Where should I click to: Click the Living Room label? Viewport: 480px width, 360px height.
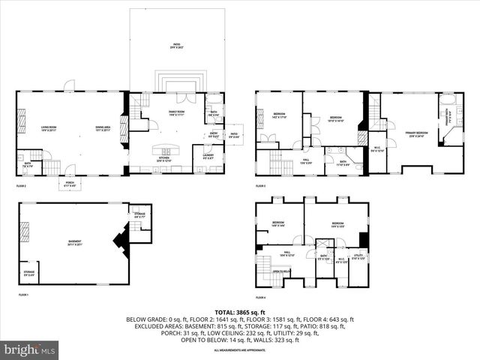(49, 128)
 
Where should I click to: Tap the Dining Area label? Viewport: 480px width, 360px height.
(103, 128)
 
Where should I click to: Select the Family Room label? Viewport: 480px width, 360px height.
(176, 112)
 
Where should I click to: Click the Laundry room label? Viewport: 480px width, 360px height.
(208, 157)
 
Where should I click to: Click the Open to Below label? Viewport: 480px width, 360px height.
(282, 271)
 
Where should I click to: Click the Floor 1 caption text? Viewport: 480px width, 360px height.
(22, 295)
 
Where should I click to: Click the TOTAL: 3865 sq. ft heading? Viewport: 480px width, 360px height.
(240, 311)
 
